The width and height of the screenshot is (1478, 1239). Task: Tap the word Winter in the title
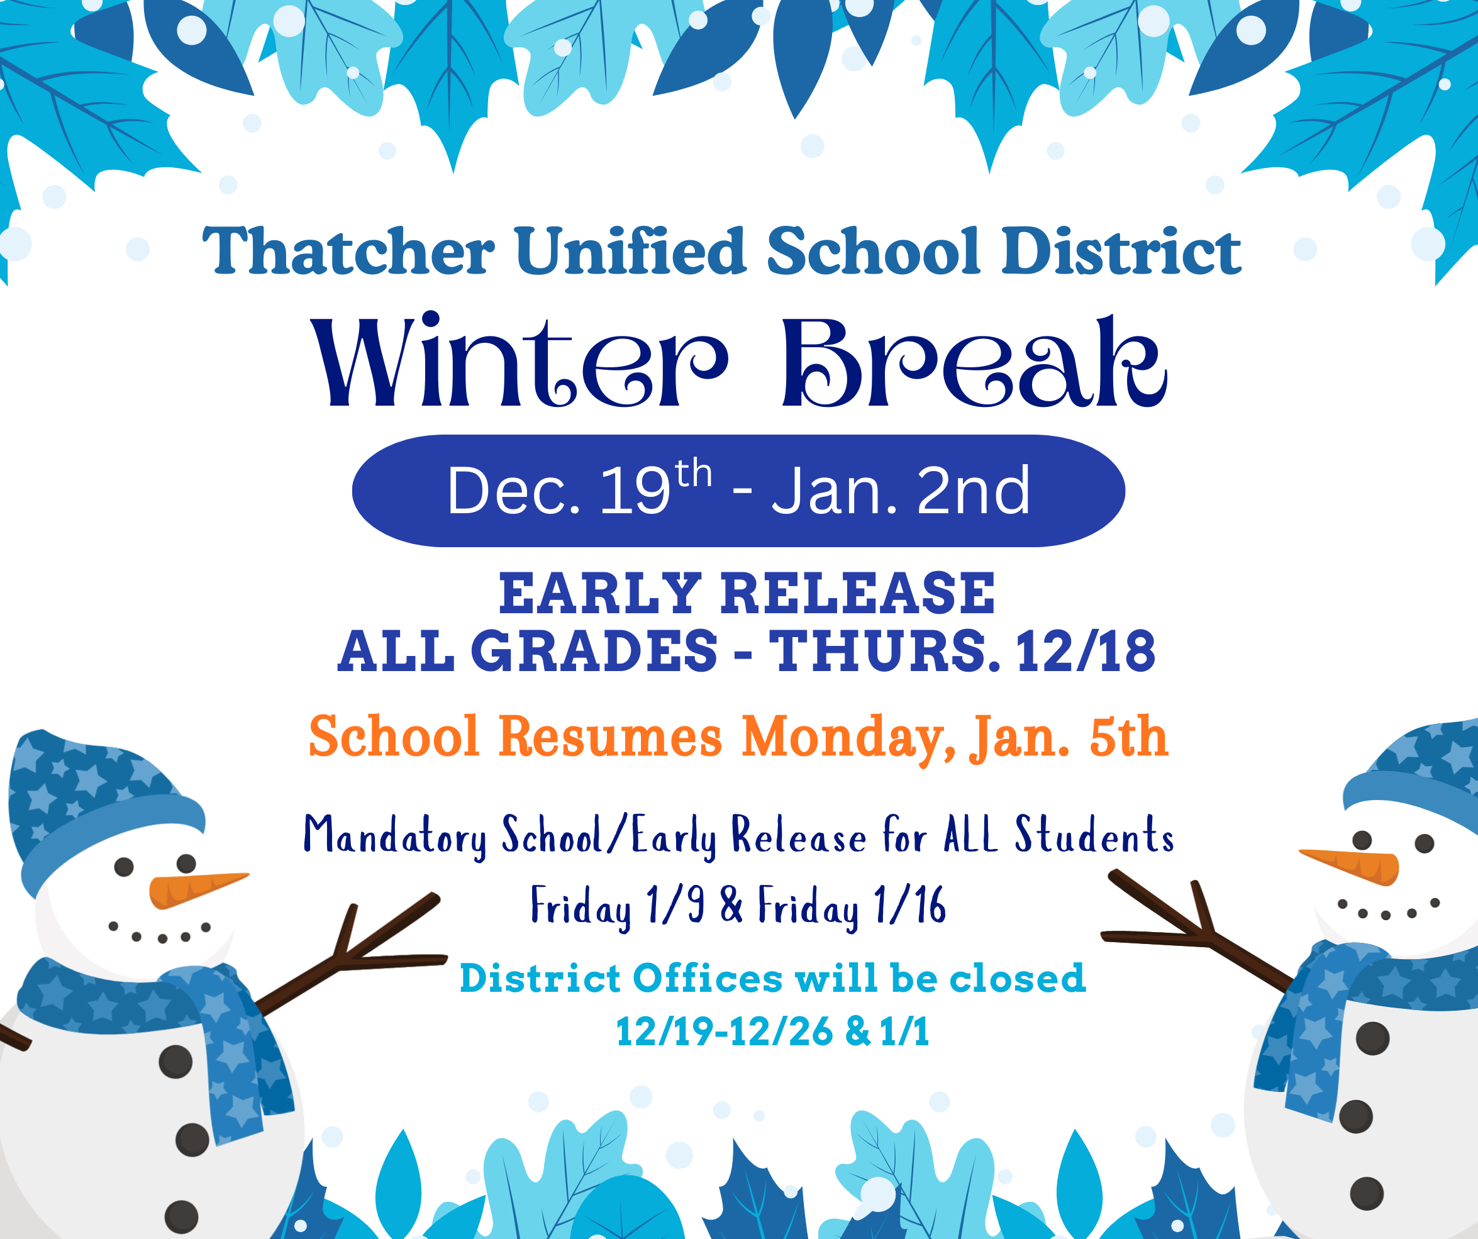(520, 360)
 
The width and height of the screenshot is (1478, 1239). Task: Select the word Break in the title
(974, 361)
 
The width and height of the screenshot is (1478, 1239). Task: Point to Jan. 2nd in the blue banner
(900, 491)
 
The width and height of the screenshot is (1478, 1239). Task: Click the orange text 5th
(1128, 736)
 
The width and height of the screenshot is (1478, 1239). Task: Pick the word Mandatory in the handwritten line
(395, 836)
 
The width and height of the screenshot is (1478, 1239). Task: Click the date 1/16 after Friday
(909, 904)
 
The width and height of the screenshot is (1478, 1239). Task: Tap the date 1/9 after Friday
(675, 904)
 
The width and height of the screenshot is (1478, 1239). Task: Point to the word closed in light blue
(1017, 978)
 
